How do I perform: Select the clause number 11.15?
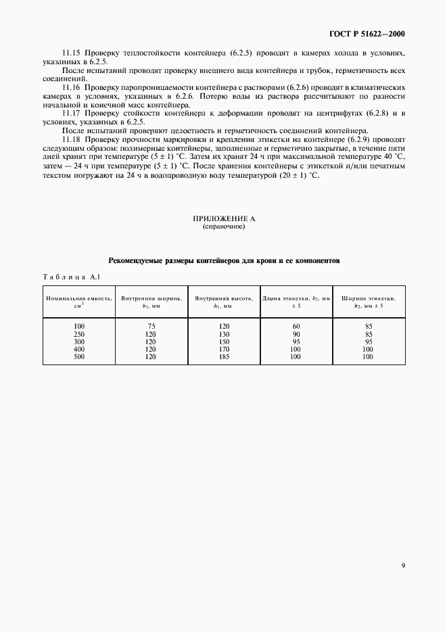tap(71, 53)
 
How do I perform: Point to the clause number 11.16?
tap(71, 88)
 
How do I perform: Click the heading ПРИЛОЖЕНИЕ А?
tap(224, 220)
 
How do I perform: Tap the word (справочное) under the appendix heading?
tap(224, 227)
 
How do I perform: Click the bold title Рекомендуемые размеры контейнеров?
tap(224, 260)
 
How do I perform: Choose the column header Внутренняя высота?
tap(224, 301)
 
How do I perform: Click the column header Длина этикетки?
tap(296, 298)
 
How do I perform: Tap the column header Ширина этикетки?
tap(369, 298)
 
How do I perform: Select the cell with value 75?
tap(151, 327)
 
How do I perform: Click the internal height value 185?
tap(224, 356)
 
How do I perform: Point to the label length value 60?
tap(296, 327)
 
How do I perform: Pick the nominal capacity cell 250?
tap(80, 334)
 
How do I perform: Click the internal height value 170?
tap(224, 349)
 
